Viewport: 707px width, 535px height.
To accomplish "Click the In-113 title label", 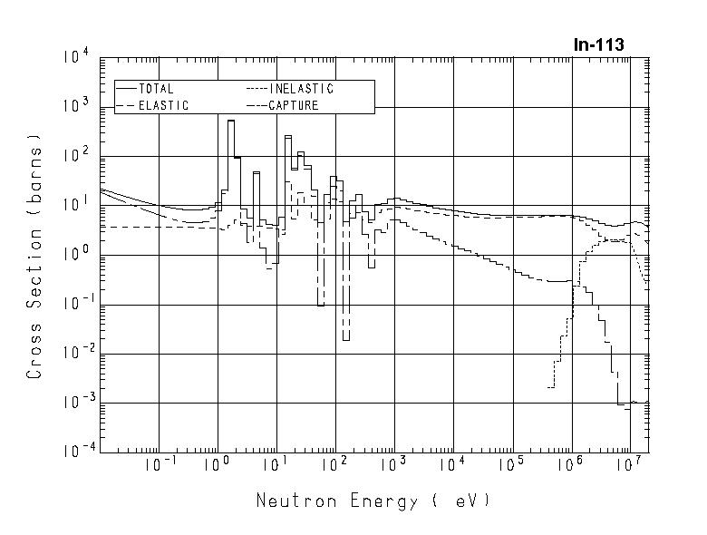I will coord(598,44).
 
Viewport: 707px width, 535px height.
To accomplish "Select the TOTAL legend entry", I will coord(157,89).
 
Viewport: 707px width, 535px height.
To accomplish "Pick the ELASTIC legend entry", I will coord(163,105).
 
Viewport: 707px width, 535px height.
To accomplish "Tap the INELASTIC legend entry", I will coord(301,89).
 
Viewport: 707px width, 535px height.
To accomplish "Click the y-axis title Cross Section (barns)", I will coord(35,256).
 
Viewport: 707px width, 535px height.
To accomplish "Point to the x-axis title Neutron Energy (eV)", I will coord(373,501).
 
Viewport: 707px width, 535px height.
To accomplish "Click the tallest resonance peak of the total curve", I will coord(231,121).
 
